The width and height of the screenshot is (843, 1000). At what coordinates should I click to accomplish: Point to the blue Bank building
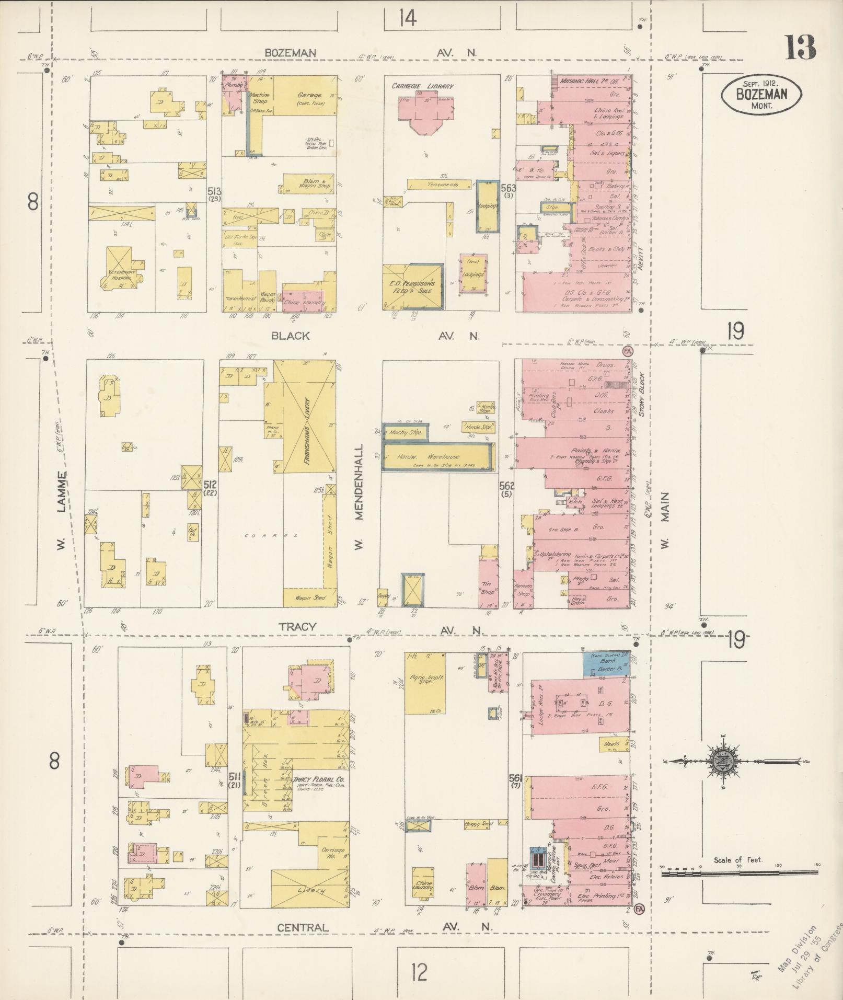pos(606,664)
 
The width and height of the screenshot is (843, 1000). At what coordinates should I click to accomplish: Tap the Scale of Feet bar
pos(740,872)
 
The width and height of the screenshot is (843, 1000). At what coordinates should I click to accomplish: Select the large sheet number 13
pos(800,48)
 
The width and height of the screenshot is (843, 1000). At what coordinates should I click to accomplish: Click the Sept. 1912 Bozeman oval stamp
pos(761,94)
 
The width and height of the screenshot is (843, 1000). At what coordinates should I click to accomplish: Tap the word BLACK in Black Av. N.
pos(291,336)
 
